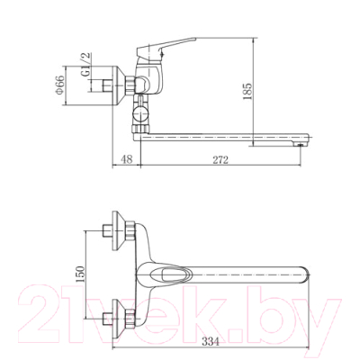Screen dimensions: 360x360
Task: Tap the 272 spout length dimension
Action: pyautogui.click(x=220, y=159)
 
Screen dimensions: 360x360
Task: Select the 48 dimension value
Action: pyautogui.click(x=127, y=159)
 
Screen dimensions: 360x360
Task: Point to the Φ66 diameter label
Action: pyautogui.click(x=59, y=85)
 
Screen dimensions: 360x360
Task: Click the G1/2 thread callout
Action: pyautogui.click(x=86, y=65)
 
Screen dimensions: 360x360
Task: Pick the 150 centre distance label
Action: pyautogui.click(x=80, y=274)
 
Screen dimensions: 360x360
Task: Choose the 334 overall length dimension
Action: pyautogui.click(x=210, y=341)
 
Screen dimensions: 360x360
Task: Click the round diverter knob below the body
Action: pyautogui.click(x=140, y=114)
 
